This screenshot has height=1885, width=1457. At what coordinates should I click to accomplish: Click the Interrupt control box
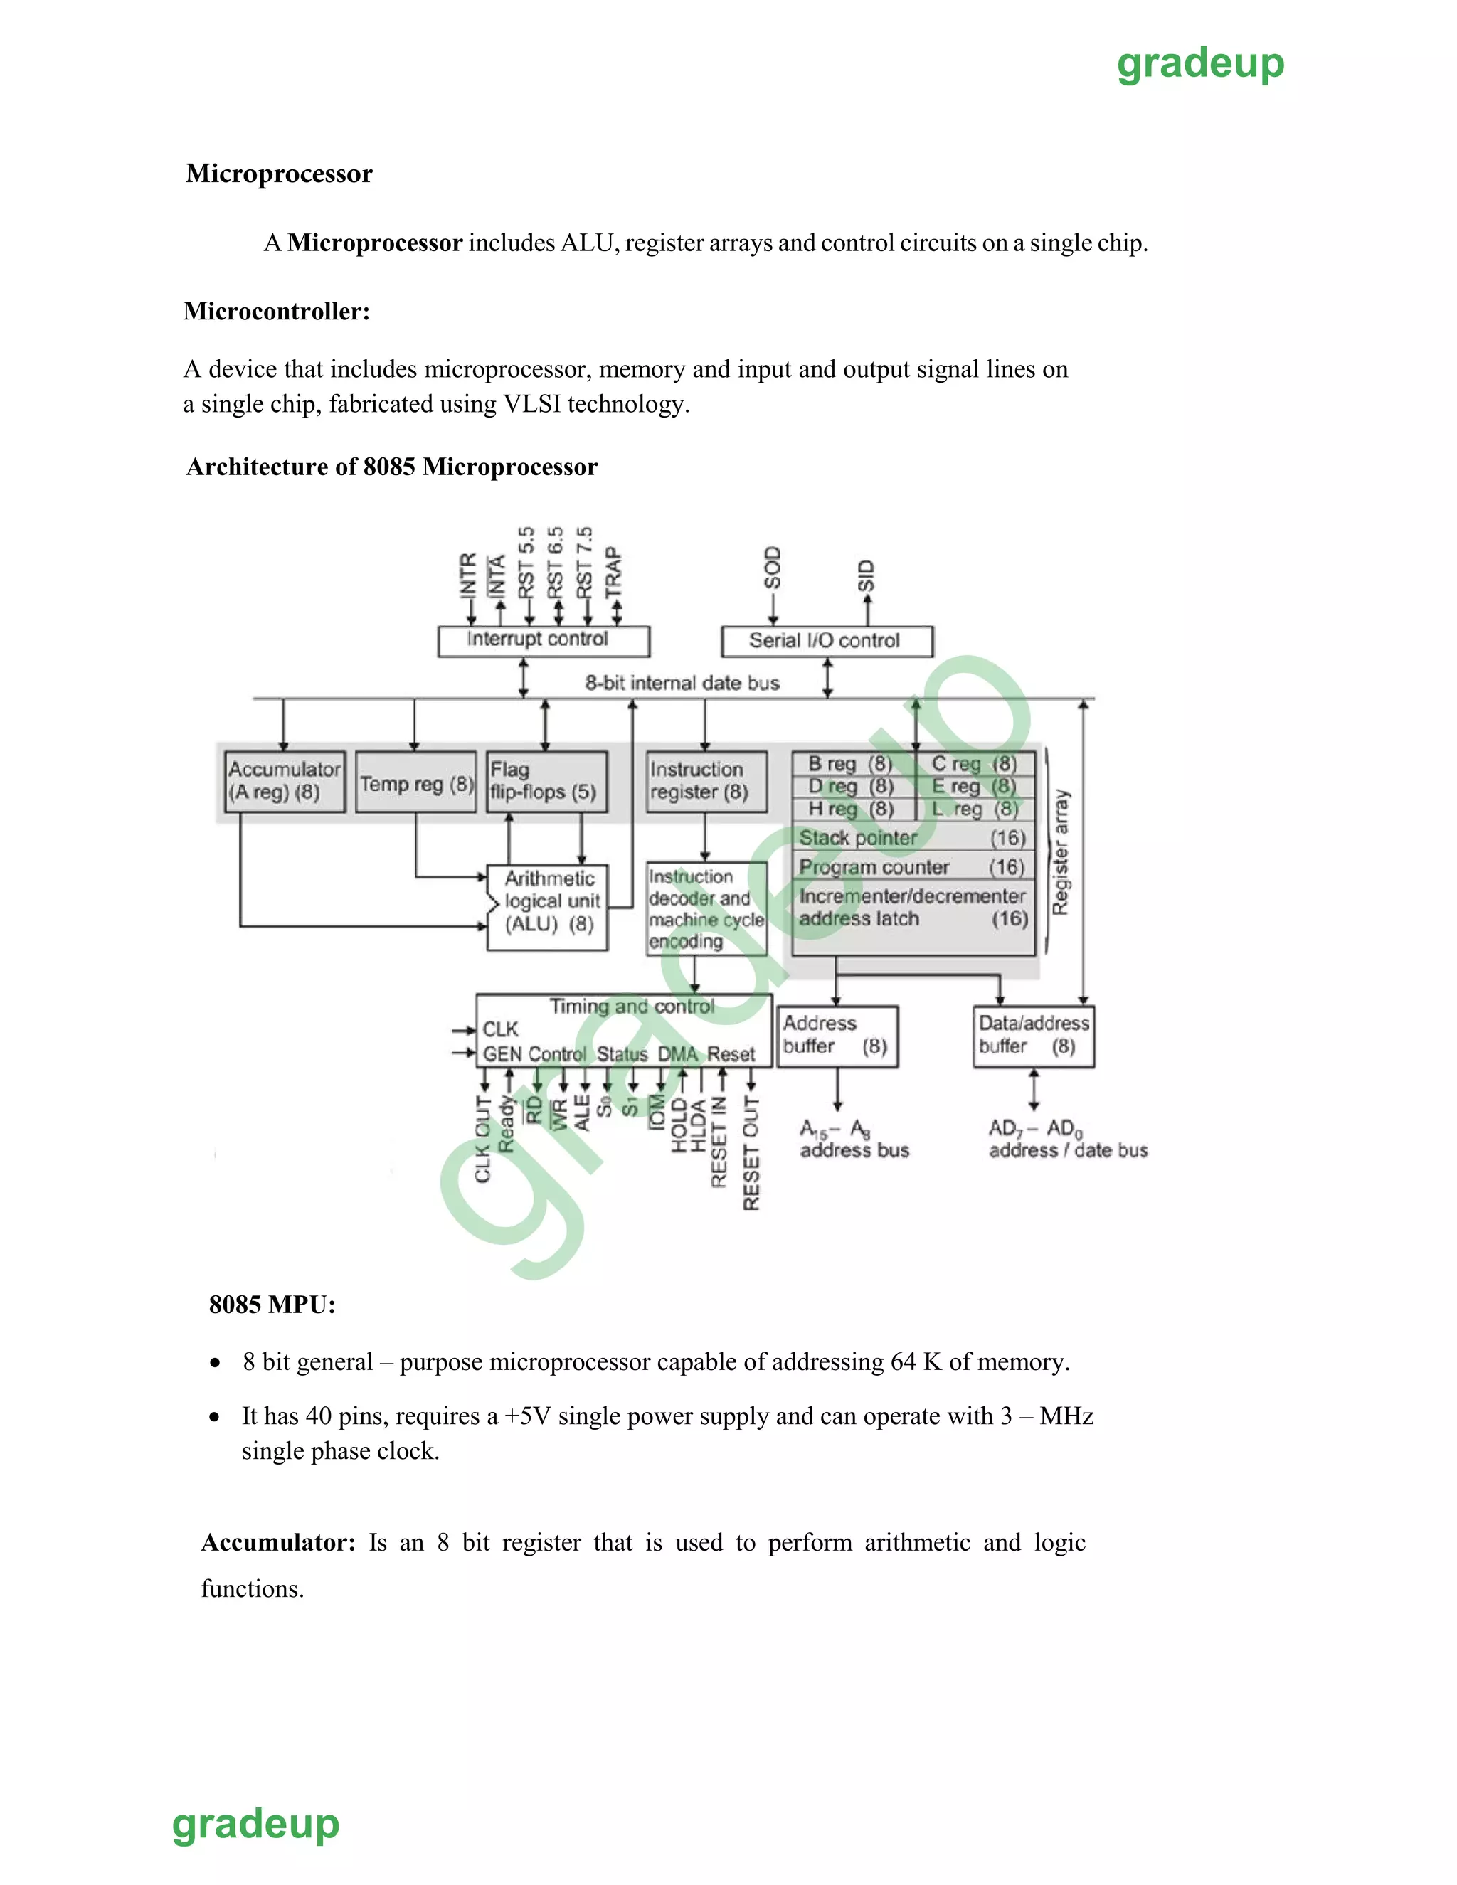(543, 640)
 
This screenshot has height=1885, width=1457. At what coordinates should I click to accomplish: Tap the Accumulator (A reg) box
(285, 781)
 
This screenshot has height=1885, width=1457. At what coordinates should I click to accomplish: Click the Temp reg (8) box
(416, 784)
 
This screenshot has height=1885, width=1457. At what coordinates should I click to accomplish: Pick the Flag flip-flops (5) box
(546, 781)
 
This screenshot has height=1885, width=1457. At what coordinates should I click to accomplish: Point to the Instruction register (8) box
(705, 781)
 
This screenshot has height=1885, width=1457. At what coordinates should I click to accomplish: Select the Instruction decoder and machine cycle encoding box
(705, 909)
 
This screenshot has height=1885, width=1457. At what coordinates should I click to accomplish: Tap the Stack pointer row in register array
(912, 837)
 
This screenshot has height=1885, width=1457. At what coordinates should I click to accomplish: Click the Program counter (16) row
(912, 866)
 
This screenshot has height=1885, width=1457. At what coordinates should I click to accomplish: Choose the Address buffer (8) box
(837, 1036)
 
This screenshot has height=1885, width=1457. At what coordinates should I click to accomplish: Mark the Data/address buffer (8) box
(1033, 1036)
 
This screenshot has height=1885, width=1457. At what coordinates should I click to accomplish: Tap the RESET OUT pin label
(751, 1153)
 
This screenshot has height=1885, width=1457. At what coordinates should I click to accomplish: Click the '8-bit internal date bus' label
(682, 683)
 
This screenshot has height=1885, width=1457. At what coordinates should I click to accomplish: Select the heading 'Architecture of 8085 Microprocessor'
(392, 467)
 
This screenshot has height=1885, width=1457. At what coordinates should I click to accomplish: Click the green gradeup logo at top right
(1199, 65)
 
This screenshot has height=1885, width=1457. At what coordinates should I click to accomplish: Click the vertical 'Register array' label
(1061, 852)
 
